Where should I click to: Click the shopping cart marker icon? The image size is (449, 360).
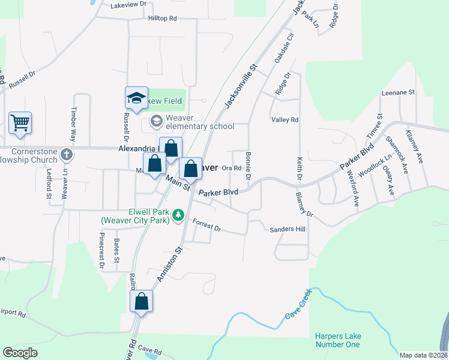pyautogui.click(x=20, y=123)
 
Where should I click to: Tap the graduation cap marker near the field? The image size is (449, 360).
pyautogui.click(x=136, y=98)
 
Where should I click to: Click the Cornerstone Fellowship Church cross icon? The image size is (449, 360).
pyautogui.click(x=66, y=156)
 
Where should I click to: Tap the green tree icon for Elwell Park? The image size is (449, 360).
pyautogui.click(x=178, y=215)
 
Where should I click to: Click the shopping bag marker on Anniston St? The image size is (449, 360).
pyautogui.click(x=142, y=301)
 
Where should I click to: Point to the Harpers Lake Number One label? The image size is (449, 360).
pyautogui.click(x=337, y=340)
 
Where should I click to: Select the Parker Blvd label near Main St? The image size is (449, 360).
pyautogui.click(x=218, y=192)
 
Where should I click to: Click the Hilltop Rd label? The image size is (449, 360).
pyautogui.click(x=162, y=19)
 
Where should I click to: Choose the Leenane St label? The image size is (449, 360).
pyautogui.click(x=399, y=92)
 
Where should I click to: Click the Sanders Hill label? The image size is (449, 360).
pyautogui.click(x=288, y=229)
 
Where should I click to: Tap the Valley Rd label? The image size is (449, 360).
pyautogui.click(x=285, y=120)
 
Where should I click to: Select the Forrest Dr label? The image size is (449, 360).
pyautogui.click(x=207, y=226)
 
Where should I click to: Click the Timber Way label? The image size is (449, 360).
pyautogui.click(x=74, y=121)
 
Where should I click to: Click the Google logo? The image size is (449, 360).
pyautogui.click(x=20, y=352)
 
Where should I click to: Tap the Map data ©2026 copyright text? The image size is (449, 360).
pyautogui.click(x=423, y=355)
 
